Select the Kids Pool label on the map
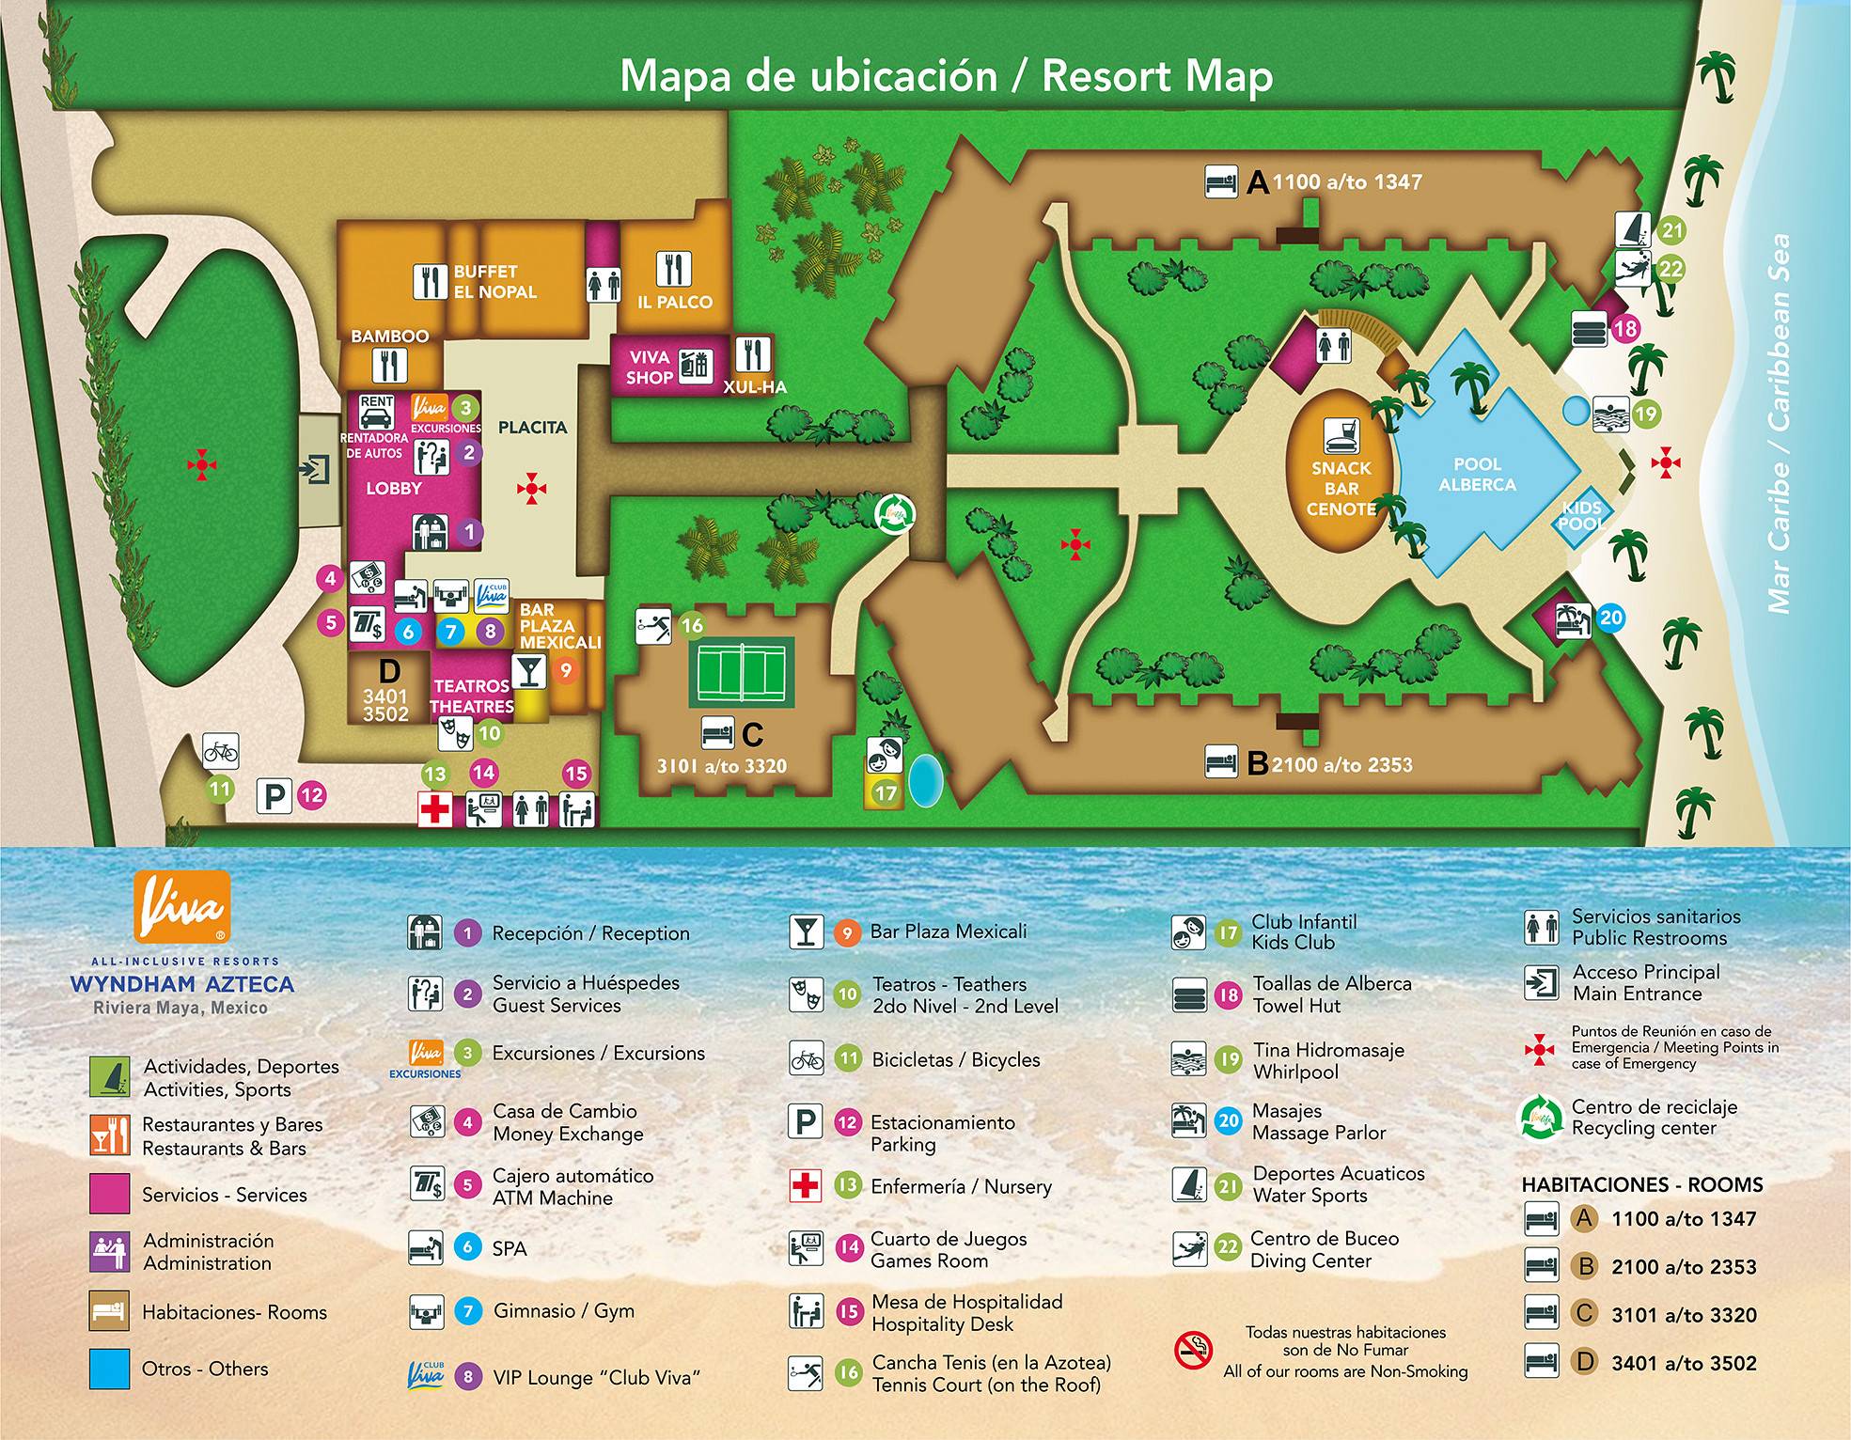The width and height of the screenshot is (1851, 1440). coord(1581,515)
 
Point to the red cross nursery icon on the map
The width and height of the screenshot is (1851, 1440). coord(435,809)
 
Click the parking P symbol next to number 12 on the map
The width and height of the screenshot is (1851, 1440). coord(275,796)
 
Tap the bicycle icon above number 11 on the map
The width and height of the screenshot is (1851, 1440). coord(221,751)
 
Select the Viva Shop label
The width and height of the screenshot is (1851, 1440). coord(650,368)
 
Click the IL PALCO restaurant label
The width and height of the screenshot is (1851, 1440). coord(674,302)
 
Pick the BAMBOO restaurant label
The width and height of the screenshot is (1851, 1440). coord(390,336)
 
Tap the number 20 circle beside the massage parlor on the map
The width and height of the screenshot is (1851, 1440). coord(1610,618)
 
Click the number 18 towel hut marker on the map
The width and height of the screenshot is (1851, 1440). coord(1624,329)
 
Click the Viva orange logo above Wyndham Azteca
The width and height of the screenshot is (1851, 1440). coord(181,905)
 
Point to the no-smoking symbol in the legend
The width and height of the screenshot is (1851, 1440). coord(1193,1351)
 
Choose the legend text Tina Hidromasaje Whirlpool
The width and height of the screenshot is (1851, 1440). coord(1328,1060)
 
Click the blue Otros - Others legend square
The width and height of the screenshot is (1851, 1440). coord(109,1369)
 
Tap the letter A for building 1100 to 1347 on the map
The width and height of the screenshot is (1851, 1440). coord(1258,182)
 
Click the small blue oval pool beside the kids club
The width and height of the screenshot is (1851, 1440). coord(926,779)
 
